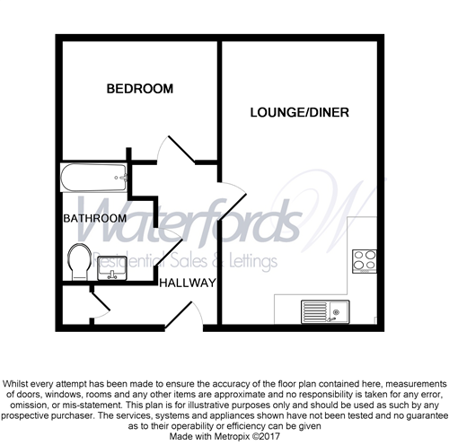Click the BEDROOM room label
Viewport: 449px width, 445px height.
pyautogui.click(x=139, y=89)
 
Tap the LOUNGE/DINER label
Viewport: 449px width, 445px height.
pyautogui.click(x=299, y=113)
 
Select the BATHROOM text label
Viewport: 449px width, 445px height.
pyautogui.click(x=94, y=218)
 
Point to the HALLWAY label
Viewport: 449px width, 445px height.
pyautogui.click(x=187, y=284)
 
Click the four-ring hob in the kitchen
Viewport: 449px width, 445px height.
pyautogui.click(x=364, y=259)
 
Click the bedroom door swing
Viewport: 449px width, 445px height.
pyautogui.click(x=171, y=154)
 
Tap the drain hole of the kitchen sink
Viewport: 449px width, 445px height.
pyautogui.click(x=336, y=314)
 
